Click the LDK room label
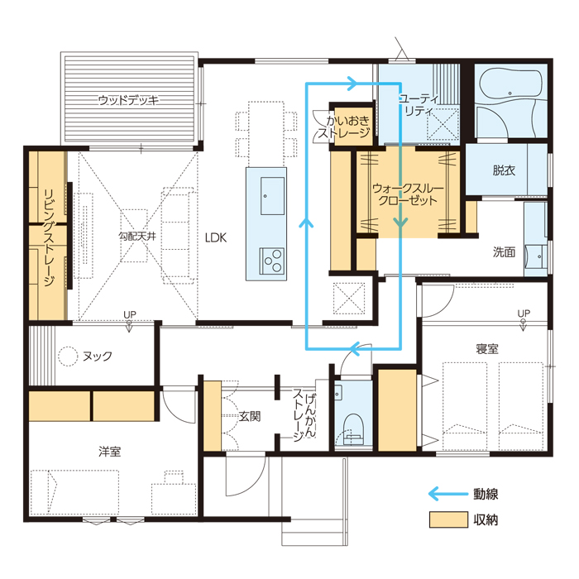[216, 237]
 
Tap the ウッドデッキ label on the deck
[128, 100]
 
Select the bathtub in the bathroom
[510, 85]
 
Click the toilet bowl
[353, 428]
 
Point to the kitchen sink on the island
[272, 196]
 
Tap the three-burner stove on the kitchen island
[272, 261]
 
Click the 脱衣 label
[504, 170]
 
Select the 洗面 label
[504, 252]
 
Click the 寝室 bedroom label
[487, 348]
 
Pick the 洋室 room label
[110, 452]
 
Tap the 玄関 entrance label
[250, 416]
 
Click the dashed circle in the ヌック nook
[68, 356]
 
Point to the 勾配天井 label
[137, 236]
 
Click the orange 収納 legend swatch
[448, 519]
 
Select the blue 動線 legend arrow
[448, 494]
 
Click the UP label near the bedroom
[524, 313]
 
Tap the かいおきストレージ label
[344, 127]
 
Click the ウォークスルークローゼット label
[408, 194]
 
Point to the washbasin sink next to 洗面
[536, 256]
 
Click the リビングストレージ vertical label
[49, 238]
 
